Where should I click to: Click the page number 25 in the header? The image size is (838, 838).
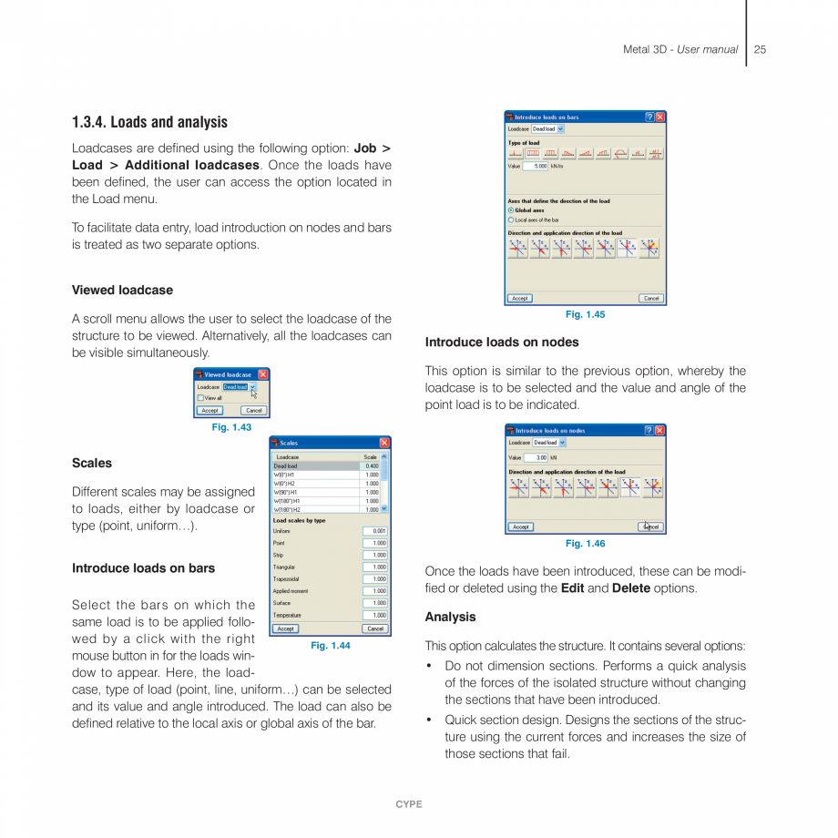pyautogui.click(x=760, y=49)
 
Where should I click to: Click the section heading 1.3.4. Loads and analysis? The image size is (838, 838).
pyautogui.click(x=149, y=122)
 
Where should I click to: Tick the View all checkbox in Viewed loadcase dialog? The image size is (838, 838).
pyautogui.click(x=200, y=398)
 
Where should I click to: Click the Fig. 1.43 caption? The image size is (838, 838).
pyautogui.click(x=231, y=427)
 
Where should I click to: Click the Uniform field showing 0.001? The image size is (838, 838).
pyautogui.click(x=375, y=531)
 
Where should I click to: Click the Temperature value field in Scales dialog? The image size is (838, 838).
pyautogui.click(x=375, y=615)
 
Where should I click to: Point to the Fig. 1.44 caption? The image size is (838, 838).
pyautogui.click(x=330, y=645)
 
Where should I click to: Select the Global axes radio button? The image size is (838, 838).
pyautogui.click(x=511, y=210)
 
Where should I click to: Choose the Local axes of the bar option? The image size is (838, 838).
pyautogui.click(x=511, y=220)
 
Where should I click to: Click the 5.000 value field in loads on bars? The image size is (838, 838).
pyautogui.click(x=536, y=167)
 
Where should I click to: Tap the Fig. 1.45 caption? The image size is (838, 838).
pyautogui.click(x=585, y=314)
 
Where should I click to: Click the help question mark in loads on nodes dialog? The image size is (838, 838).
pyautogui.click(x=649, y=430)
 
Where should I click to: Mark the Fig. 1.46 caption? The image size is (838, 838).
pyautogui.click(x=585, y=544)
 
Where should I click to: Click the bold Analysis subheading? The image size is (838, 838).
pyautogui.click(x=450, y=617)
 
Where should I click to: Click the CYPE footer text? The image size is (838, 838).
pyautogui.click(x=409, y=804)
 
